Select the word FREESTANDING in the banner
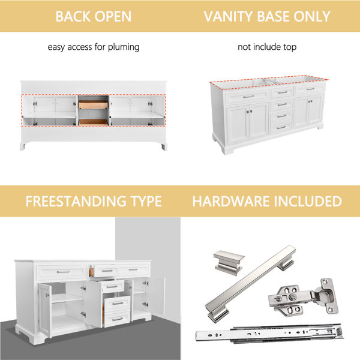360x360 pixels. [x=76, y=201]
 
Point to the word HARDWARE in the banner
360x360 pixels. [x=232, y=201]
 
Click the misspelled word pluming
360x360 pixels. [x=124, y=47]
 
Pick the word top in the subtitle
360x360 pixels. [x=290, y=47]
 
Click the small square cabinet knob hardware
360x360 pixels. [x=229, y=262]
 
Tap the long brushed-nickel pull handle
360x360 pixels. [x=250, y=284]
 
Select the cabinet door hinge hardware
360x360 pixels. [x=304, y=297]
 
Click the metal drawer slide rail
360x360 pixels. [x=269, y=334]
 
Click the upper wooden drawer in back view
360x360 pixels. [x=93, y=104]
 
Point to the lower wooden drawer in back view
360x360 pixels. [x=93, y=122]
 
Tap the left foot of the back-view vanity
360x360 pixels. [x=23, y=146]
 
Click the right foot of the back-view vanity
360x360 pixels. [x=164, y=147]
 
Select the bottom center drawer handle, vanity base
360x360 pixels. [x=281, y=127]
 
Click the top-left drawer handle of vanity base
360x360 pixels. [x=248, y=97]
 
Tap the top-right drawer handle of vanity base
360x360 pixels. [x=310, y=89]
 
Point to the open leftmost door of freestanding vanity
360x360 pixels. [x=44, y=310]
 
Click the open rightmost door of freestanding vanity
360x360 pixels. [x=158, y=296]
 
